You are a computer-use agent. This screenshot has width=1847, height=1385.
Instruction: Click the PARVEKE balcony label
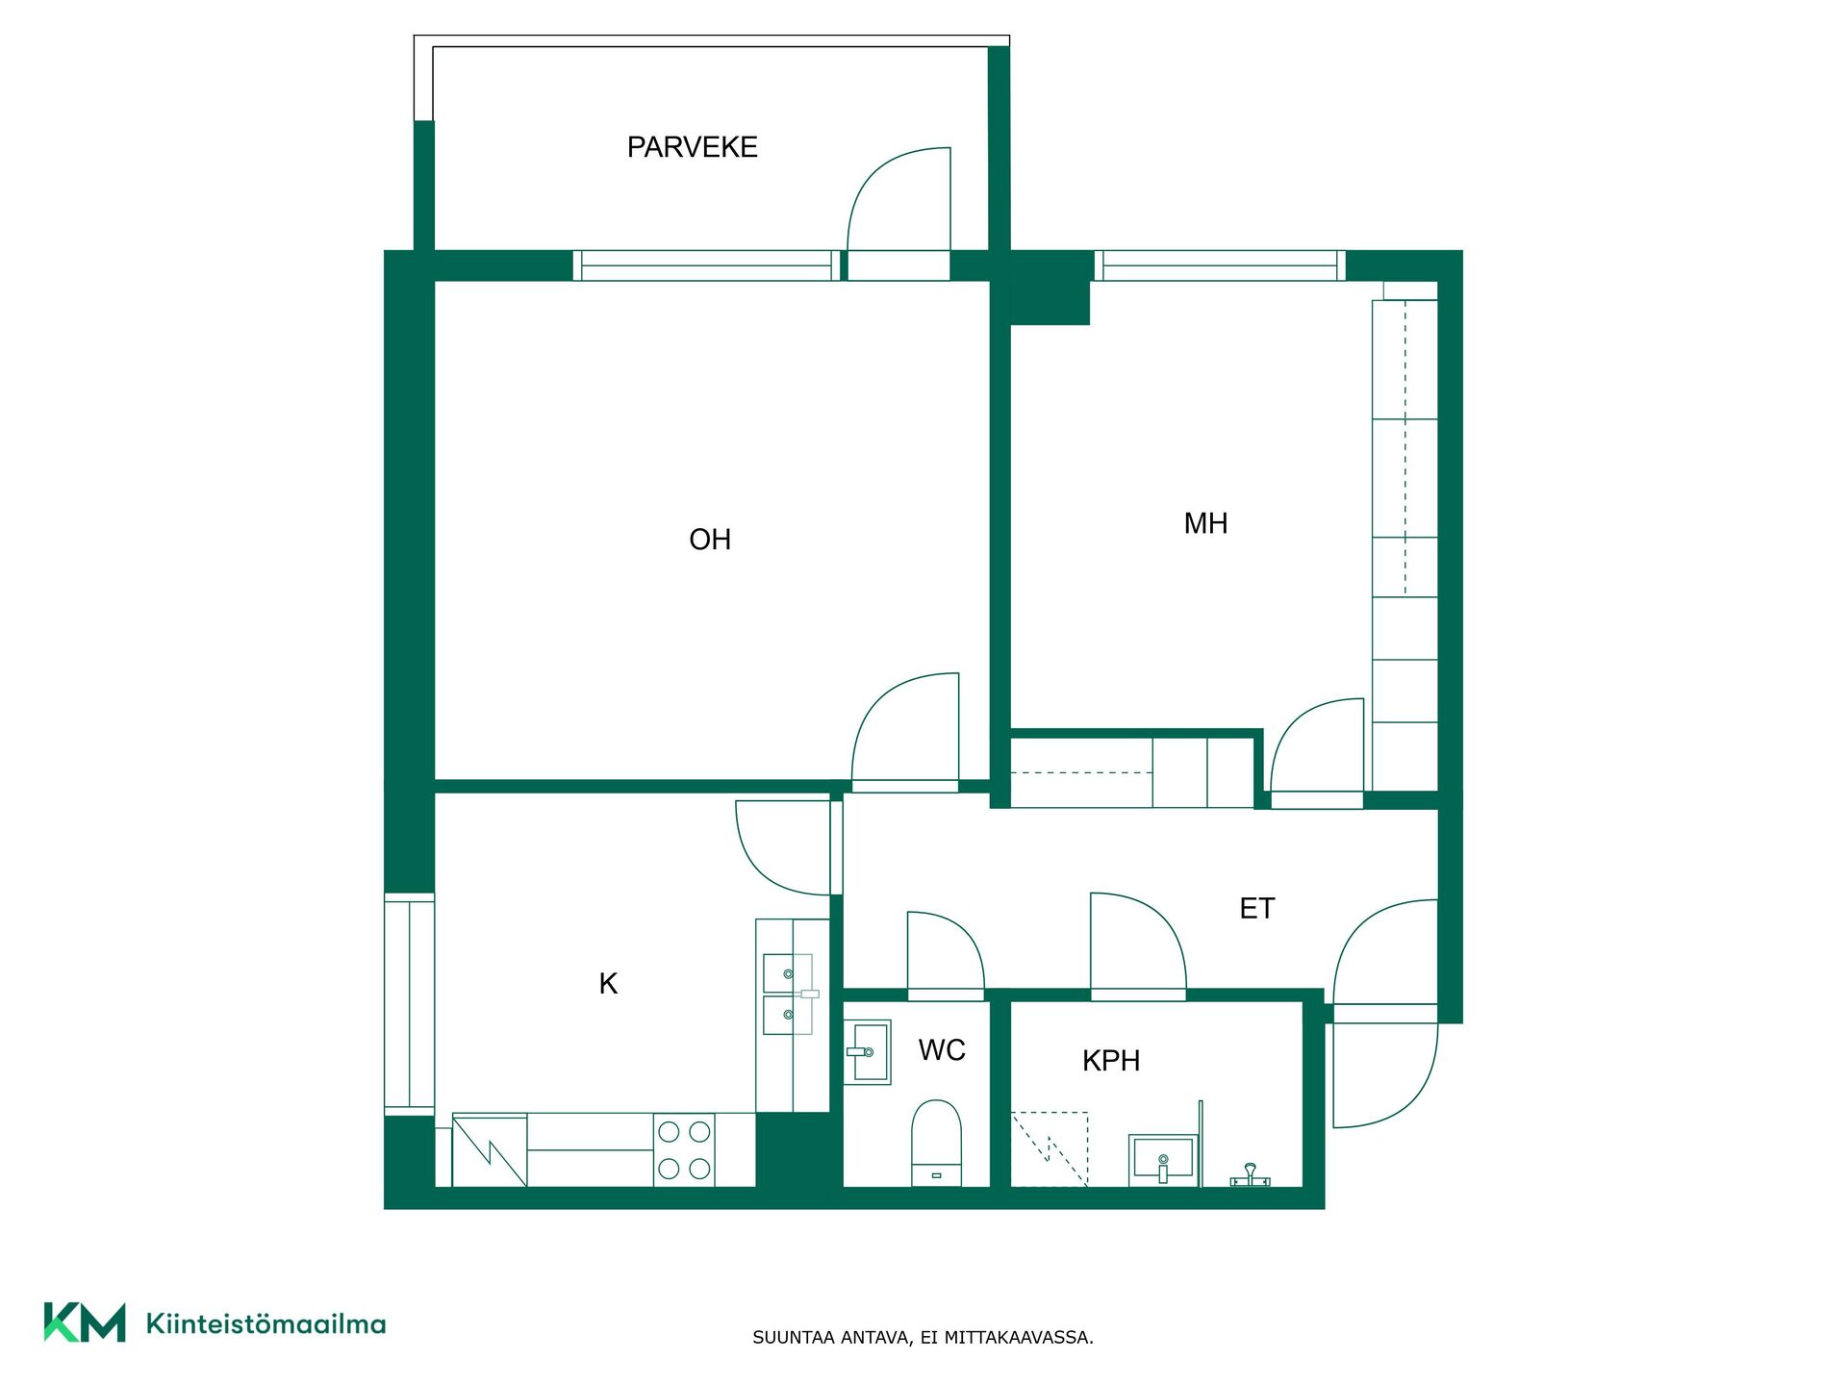[x=692, y=147]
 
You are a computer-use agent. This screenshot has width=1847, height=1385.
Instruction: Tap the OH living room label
[x=710, y=540]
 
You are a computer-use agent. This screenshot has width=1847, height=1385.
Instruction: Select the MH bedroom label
[x=1205, y=523]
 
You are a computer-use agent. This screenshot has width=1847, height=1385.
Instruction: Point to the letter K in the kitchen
[x=608, y=983]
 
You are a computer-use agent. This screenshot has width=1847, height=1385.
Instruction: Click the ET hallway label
[x=1256, y=908]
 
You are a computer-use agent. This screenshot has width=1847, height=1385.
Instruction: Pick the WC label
[x=942, y=1049]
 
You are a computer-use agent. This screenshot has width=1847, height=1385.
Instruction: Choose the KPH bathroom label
[x=1111, y=1060]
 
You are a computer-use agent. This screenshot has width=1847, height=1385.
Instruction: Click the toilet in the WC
[x=936, y=1143]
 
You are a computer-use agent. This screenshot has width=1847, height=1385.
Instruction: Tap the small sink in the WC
[x=868, y=1052]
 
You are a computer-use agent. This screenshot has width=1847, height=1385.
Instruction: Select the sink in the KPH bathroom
[x=1164, y=1158]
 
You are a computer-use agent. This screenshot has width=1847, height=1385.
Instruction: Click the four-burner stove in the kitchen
[x=685, y=1149]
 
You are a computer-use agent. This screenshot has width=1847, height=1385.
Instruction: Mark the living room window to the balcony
[x=707, y=265]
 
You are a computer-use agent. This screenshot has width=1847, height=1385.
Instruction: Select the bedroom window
[x=1220, y=265]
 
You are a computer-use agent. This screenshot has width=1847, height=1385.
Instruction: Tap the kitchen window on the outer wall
[x=410, y=1004]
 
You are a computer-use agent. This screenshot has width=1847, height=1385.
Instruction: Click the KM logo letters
[x=85, y=1322]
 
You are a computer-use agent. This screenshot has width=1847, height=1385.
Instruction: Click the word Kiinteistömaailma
[x=266, y=1323]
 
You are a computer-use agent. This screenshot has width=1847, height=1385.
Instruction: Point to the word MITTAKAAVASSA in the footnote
[x=1018, y=1337]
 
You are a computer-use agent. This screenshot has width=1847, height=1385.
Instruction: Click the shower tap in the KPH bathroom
[x=1250, y=1175]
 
